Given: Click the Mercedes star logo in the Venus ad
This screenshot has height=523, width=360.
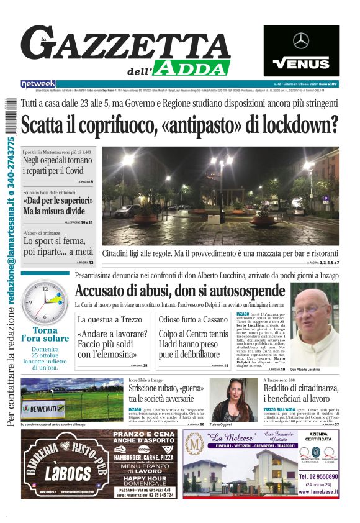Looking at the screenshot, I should point(301,41).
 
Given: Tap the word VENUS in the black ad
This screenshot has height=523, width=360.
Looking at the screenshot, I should point(301,63).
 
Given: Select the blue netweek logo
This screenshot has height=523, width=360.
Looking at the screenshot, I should point(38,84).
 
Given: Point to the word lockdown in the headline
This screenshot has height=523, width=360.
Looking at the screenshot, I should point(298,125).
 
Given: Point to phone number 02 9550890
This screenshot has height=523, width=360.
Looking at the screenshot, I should point(318,476).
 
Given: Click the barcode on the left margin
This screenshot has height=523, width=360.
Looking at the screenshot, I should point(9,109).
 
